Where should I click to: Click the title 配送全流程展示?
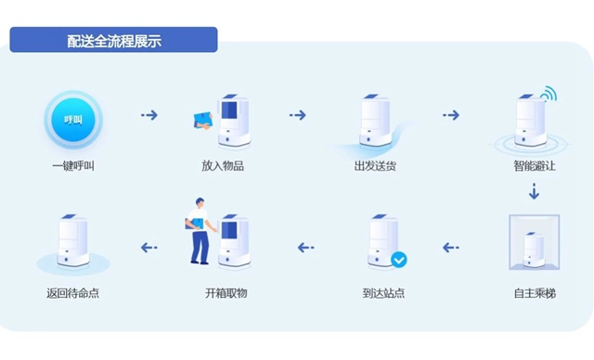pyautogui.click(x=113, y=41)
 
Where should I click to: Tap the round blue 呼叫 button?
pyautogui.click(x=73, y=121)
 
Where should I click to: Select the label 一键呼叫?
pyautogui.click(x=73, y=167)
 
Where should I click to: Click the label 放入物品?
pyautogui.click(x=223, y=167)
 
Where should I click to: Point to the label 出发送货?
pyautogui.click(x=376, y=167)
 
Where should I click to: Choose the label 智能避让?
pyautogui.click(x=535, y=167)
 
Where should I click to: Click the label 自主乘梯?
pyautogui.click(x=535, y=294)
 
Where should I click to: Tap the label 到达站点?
pyautogui.click(x=383, y=294)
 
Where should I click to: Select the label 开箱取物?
pyautogui.click(x=226, y=294)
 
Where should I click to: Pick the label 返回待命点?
pyautogui.click(x=72, y=294)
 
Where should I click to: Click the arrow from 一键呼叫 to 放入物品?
pyautogui.click(x=148, y=116)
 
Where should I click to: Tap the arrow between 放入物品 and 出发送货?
pyautogui.click(x=298, y=116)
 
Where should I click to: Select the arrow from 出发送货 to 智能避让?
pyautogui.click(x=451, y=116)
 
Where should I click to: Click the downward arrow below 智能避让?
pyautogui.click(x=534, y=192)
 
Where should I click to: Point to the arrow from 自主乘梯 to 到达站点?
pyautogui.click(x=451, y=248)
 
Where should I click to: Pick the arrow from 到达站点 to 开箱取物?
pyautogui.click(x=305, y=248)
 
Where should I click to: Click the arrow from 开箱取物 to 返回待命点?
pyautogui.click(x=148, y=248)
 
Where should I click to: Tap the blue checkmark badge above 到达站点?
pyautogui.click(x=398, y=260)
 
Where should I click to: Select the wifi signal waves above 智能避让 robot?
pyautogui.click(x=549, y=94)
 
